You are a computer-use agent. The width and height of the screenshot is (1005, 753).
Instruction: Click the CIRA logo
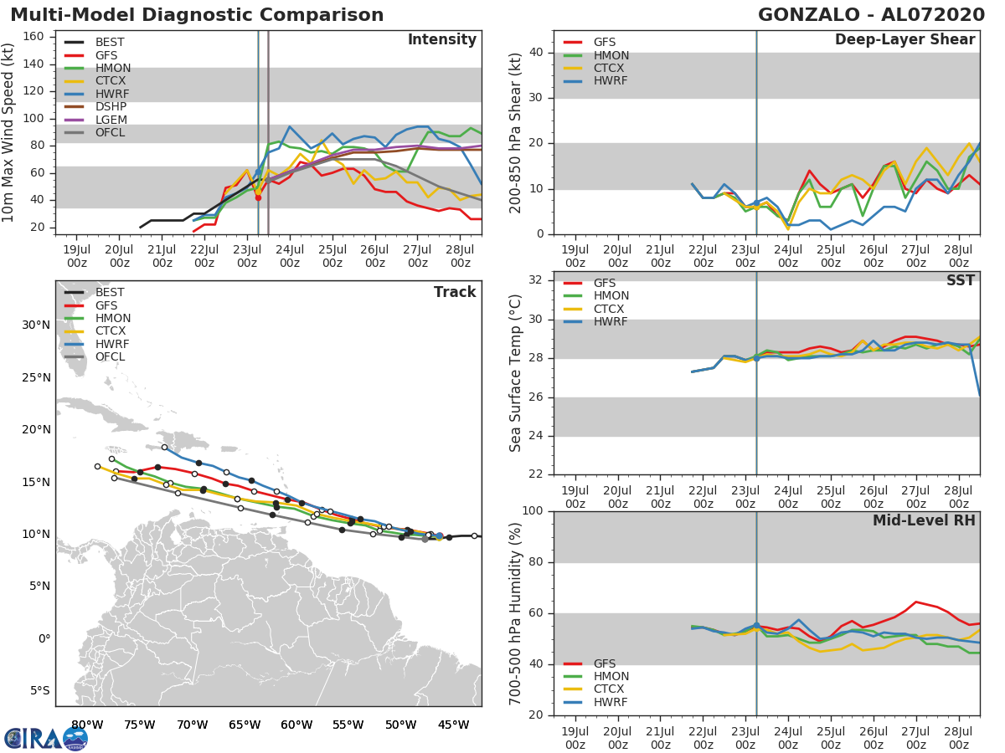45,738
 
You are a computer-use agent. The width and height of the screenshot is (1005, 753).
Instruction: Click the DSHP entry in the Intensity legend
111,107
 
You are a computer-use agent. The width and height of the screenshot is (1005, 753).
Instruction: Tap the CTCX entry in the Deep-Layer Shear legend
610,68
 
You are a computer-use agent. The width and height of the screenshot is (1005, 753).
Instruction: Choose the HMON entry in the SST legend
611,295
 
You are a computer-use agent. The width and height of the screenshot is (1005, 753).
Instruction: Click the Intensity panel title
441,40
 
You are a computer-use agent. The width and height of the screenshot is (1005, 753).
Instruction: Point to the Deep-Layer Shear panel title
904,40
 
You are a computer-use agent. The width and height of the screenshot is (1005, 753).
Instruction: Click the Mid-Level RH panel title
924,520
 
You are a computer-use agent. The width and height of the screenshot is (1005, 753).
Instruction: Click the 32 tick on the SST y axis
533,280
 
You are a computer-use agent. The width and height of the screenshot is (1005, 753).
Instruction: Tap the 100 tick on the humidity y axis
529,511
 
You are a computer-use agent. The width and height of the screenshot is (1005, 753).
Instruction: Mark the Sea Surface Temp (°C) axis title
516,372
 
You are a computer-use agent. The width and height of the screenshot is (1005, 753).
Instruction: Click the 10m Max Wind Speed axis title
8,134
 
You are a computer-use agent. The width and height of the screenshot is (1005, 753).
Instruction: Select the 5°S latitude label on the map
37,690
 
